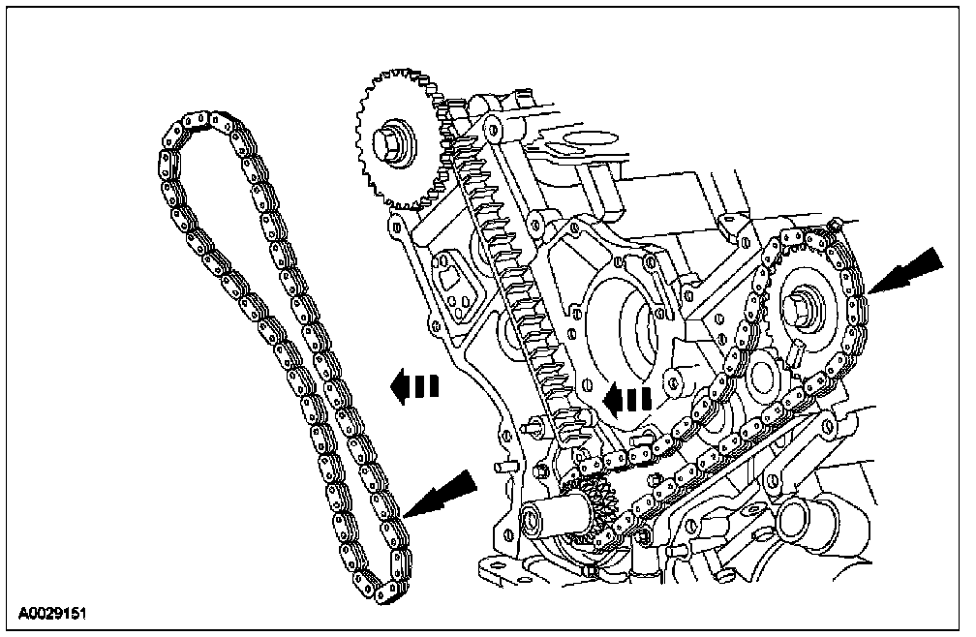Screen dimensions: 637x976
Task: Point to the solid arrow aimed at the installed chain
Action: [906, 272]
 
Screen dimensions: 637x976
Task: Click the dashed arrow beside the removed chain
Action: [412, 387]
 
